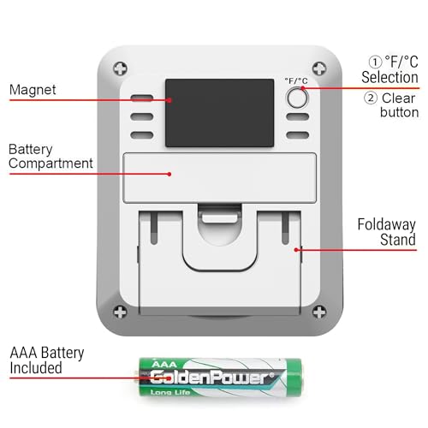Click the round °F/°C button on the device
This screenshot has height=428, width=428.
tap(297, 98)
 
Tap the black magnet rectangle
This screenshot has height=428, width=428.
tap(219, 113)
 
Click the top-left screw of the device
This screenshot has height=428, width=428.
tap(120, 68)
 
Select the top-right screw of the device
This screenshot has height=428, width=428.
tap(319, 68)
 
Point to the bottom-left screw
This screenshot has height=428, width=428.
tap(120, 312)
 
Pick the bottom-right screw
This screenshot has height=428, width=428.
tap(319, 312)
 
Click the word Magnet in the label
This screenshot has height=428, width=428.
tap(33, 90)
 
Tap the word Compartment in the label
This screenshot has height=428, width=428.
tap(51, 163)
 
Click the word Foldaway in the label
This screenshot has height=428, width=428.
tap(386, 225)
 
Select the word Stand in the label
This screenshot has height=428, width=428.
tap(398, 240)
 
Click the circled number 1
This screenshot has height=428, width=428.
tap(375, 62)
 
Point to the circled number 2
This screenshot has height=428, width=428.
tap(371, 98)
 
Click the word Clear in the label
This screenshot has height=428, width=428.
tap(398, 98)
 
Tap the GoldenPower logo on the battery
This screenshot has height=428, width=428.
tap(211, 377)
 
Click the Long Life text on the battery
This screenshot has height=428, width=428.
tap(170, 392)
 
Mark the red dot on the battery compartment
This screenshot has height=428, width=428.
tap(169, 174)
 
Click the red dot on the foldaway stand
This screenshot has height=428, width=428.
tap(296, 250)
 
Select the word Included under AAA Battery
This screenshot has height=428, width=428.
tap(36, 368)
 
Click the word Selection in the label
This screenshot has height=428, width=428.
tap(389, 77)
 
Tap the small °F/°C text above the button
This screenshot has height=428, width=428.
tap(296, 81)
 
